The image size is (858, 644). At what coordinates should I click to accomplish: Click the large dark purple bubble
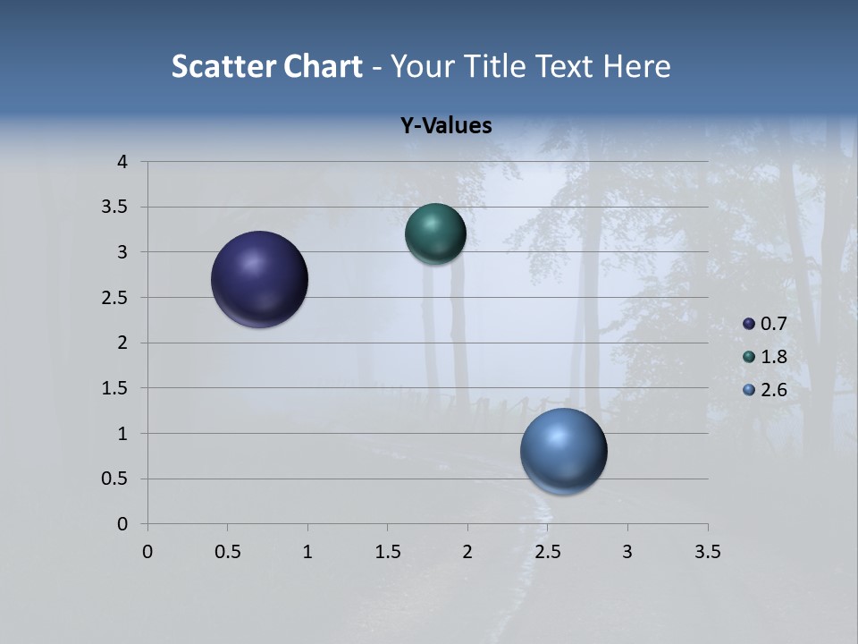[x=259, y=279]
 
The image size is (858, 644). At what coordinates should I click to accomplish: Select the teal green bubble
[x=435, y=234]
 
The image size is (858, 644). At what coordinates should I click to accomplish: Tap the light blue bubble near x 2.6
[x=563, y=451]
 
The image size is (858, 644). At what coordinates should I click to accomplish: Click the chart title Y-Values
[x=446, y=126]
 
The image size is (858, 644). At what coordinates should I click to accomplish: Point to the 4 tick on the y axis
[x=123, y=162]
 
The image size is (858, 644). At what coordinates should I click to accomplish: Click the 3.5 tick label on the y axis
[x=115, y=208]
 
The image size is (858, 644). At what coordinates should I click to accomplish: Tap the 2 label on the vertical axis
[x=123, y=343]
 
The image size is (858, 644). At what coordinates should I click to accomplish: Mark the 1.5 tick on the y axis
[x=115, y=388]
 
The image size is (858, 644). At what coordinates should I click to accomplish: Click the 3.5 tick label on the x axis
[x=707, y=552]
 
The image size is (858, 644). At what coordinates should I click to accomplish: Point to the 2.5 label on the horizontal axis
[x=547, y=552]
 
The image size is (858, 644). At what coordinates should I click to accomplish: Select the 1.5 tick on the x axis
[x=387, y=552]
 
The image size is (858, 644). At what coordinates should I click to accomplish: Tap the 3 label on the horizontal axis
[x=627, y=552]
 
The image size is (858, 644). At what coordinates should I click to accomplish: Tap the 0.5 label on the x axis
[x=227, y=552]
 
